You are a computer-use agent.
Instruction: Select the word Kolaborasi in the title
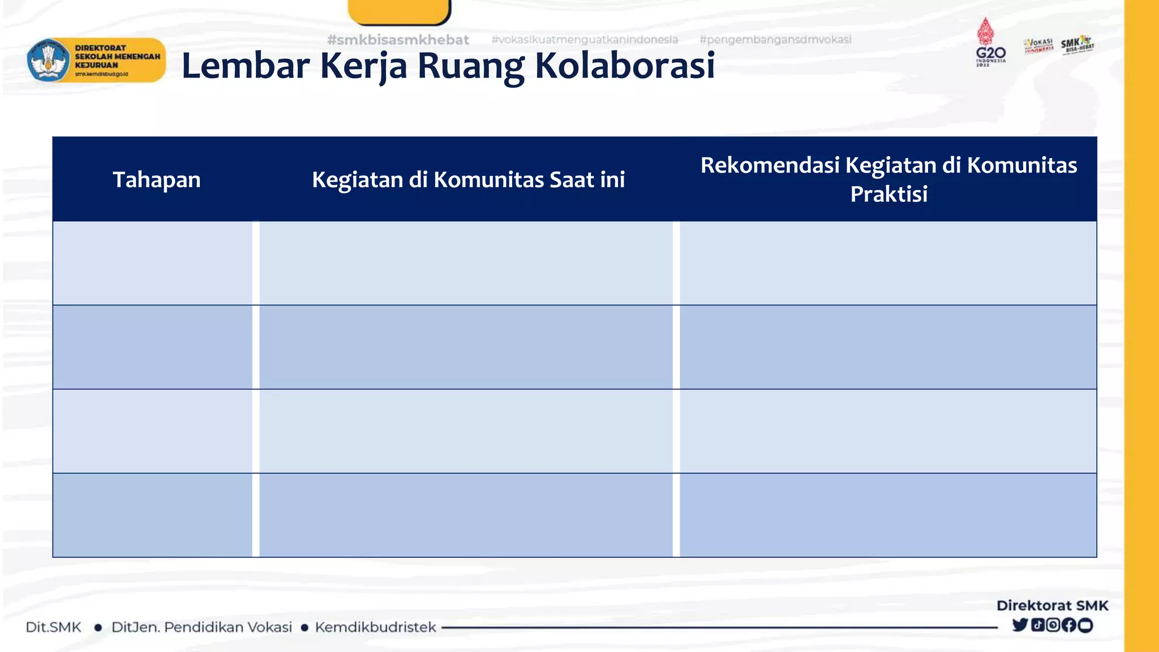click(625, 66)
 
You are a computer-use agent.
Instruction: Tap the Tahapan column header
click(157, 179)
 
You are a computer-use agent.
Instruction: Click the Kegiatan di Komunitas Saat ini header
click(468, 179)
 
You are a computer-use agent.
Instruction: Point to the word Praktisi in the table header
click(888, 194)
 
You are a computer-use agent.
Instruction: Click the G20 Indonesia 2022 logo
click(990, 42)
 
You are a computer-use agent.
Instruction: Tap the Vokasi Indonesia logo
click(1038, 46)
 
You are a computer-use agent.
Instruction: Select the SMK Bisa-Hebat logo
click(1077, 45)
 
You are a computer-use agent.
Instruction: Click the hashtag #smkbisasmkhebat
click(398, 40)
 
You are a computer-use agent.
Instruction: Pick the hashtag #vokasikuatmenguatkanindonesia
click(585, 40)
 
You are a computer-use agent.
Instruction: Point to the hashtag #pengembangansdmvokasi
click(775, 40)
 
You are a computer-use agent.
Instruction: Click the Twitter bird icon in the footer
click(1020, 625)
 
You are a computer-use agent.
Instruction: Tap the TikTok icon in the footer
click(1037, 625)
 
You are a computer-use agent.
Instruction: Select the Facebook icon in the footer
click(1069, 625)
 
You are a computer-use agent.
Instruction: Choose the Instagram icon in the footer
click(1053, 625)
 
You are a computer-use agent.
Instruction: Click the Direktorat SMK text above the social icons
click(1052, 606)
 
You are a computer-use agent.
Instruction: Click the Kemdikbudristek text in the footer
click(375, 627)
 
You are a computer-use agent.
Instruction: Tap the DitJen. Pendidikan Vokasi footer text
click(201, 627)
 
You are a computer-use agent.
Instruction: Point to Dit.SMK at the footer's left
click(54, 627)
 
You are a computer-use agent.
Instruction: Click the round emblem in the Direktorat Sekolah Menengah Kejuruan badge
click(49, 61)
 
